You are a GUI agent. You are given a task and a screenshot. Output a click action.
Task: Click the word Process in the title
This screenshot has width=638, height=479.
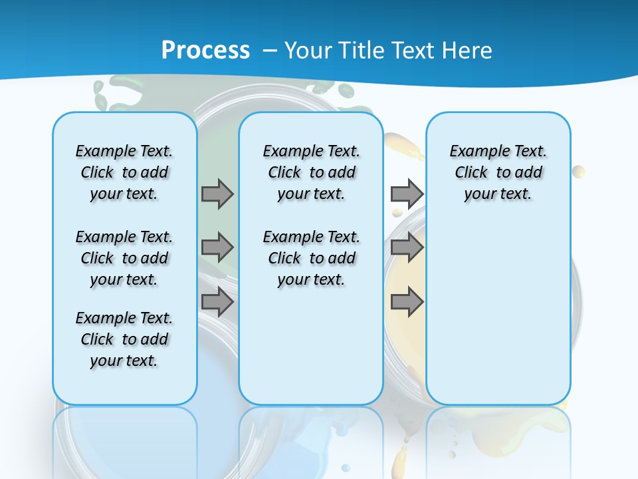[x=205, y=50]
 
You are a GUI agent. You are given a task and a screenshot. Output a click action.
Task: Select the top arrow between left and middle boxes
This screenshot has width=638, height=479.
[x=217, y=194]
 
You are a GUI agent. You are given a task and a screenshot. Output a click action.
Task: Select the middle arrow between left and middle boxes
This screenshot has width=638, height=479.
[x=217, y=247]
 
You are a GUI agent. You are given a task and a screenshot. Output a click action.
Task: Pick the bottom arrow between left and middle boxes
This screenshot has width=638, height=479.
[x=217, y=302]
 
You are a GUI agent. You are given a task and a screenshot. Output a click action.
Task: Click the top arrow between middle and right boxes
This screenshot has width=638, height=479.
[x=407, y=194]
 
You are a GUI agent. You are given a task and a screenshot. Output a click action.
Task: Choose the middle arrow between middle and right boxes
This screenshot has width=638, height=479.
[x=407, y=247]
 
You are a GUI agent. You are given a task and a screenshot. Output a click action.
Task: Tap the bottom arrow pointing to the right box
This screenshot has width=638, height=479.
[x=407, y=302]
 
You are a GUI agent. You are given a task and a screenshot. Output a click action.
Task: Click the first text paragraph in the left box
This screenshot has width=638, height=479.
[x=124, y=172]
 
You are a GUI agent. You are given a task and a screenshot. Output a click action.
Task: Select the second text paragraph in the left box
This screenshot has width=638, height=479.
[x=124, y=258]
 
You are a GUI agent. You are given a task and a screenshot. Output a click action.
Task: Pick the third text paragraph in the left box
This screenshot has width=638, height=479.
[x=124, y=339]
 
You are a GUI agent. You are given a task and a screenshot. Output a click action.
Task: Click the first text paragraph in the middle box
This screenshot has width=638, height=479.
[x=311, y=172]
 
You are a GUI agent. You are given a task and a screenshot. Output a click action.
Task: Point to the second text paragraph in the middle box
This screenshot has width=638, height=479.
[x=311, y=258]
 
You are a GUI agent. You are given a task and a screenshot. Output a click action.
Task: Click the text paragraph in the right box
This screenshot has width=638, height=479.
[x=498, y=172]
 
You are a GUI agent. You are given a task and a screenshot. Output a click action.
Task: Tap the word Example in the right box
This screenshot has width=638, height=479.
[x=474, y=152]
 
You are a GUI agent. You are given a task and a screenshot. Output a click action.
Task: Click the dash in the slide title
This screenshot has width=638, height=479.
[x=270, y=51]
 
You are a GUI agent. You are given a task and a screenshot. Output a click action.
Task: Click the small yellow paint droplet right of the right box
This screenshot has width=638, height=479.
[x=578, y=172]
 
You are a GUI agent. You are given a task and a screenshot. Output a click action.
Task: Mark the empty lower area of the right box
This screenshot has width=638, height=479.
[x=498, y=313]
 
